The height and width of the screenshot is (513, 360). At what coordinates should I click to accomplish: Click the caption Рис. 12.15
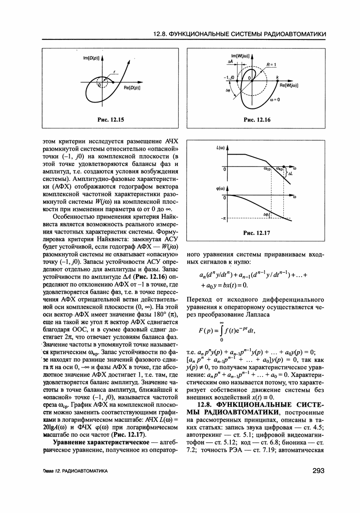[x=111, y=120]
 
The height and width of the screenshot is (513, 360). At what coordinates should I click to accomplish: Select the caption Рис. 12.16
[x=257, y=120]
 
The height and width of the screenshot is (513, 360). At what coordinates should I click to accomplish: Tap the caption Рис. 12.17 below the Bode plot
[x=257, y=233]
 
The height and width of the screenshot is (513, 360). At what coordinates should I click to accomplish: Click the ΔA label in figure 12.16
[x=231, y=60]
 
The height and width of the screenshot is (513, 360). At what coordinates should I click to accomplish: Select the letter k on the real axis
[x=277, y=77]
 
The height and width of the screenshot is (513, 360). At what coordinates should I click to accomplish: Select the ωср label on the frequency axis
[x=267, y=169]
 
